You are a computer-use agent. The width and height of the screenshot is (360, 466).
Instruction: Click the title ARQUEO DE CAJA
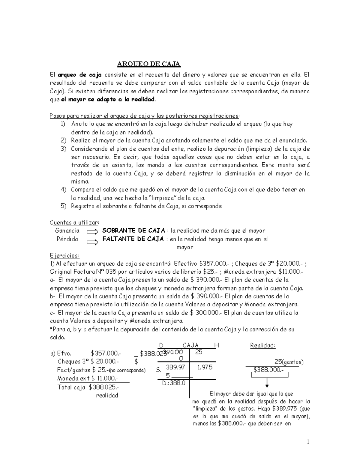(x=148, y=64)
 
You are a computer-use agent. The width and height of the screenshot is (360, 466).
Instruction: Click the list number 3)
(x=63, y=149)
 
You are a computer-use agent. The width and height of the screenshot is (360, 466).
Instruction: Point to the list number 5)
(x=63, y=206)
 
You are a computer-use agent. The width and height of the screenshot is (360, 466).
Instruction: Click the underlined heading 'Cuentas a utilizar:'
(x=74, y=222)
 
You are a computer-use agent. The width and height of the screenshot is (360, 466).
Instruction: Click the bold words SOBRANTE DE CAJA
(x=133, y=231)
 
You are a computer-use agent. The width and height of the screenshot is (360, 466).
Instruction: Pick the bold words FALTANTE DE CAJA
(x=133, y=239)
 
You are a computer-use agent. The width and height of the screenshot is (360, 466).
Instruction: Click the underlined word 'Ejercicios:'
(x=64, y=256)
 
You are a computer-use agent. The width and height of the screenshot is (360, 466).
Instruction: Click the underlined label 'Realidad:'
(x=262, y=345)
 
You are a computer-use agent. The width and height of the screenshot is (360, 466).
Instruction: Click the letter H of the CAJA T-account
(x=216, y=345)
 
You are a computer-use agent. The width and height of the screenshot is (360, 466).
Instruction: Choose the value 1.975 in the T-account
(x=205, y=367)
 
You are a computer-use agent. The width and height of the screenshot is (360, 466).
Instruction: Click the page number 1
(x=308, y=442)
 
